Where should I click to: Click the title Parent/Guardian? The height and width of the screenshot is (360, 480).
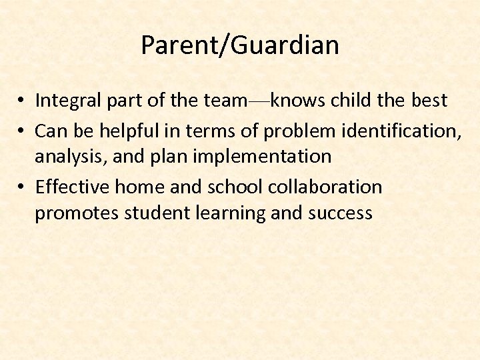[240, 45]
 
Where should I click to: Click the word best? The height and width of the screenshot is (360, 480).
[429, 101]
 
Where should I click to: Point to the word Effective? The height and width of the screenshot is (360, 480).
[72, 187]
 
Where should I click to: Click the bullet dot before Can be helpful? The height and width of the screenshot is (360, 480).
[22, 130]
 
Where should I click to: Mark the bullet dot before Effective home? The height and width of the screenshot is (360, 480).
[22, 188]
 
